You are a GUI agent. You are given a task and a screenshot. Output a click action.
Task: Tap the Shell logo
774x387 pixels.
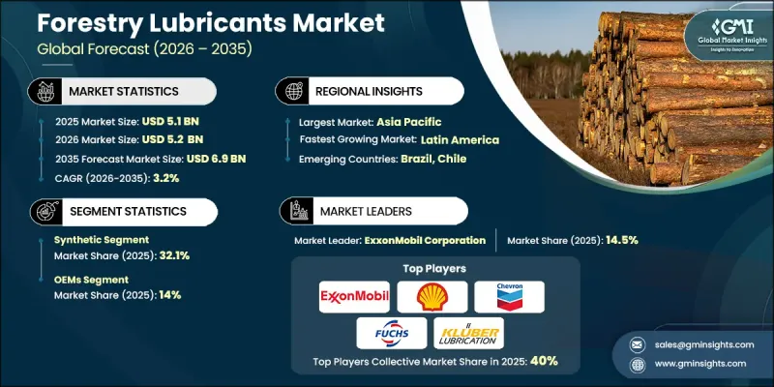pos(431,297)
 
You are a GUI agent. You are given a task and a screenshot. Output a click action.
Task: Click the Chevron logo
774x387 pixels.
pos(509,297)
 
